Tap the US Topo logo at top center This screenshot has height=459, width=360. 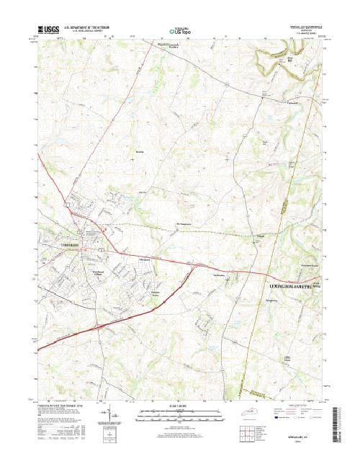(180, 31)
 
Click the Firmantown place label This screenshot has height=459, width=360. (287, 102)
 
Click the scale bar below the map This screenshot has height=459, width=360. (179, 412)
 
